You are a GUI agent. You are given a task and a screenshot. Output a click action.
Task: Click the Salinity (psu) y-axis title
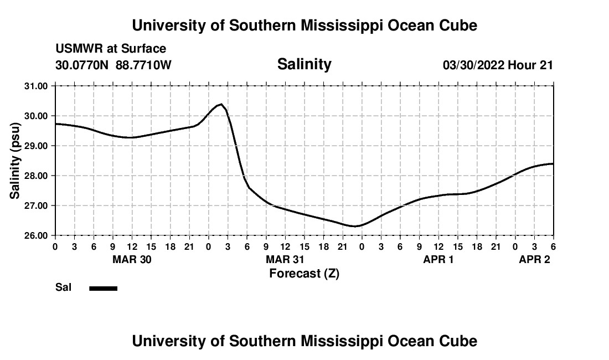coord(15,161)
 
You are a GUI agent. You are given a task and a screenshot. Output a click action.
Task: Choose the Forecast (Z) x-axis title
coord(304,274)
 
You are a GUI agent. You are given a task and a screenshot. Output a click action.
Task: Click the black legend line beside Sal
coord(103,288)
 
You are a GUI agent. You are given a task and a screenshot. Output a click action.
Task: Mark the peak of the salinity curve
coord(221,104)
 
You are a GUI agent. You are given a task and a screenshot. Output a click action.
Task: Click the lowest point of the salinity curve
coord(355,226)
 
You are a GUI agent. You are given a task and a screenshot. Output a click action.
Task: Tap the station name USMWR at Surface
coord(111,49)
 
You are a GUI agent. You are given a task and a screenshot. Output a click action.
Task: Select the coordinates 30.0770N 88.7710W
coord(113,65)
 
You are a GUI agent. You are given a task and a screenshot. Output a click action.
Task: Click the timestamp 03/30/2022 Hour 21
coord(498,65)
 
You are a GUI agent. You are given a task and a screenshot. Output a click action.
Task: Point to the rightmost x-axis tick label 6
coord(553,246)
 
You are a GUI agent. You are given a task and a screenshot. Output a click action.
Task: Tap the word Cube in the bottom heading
coord(458,341)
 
